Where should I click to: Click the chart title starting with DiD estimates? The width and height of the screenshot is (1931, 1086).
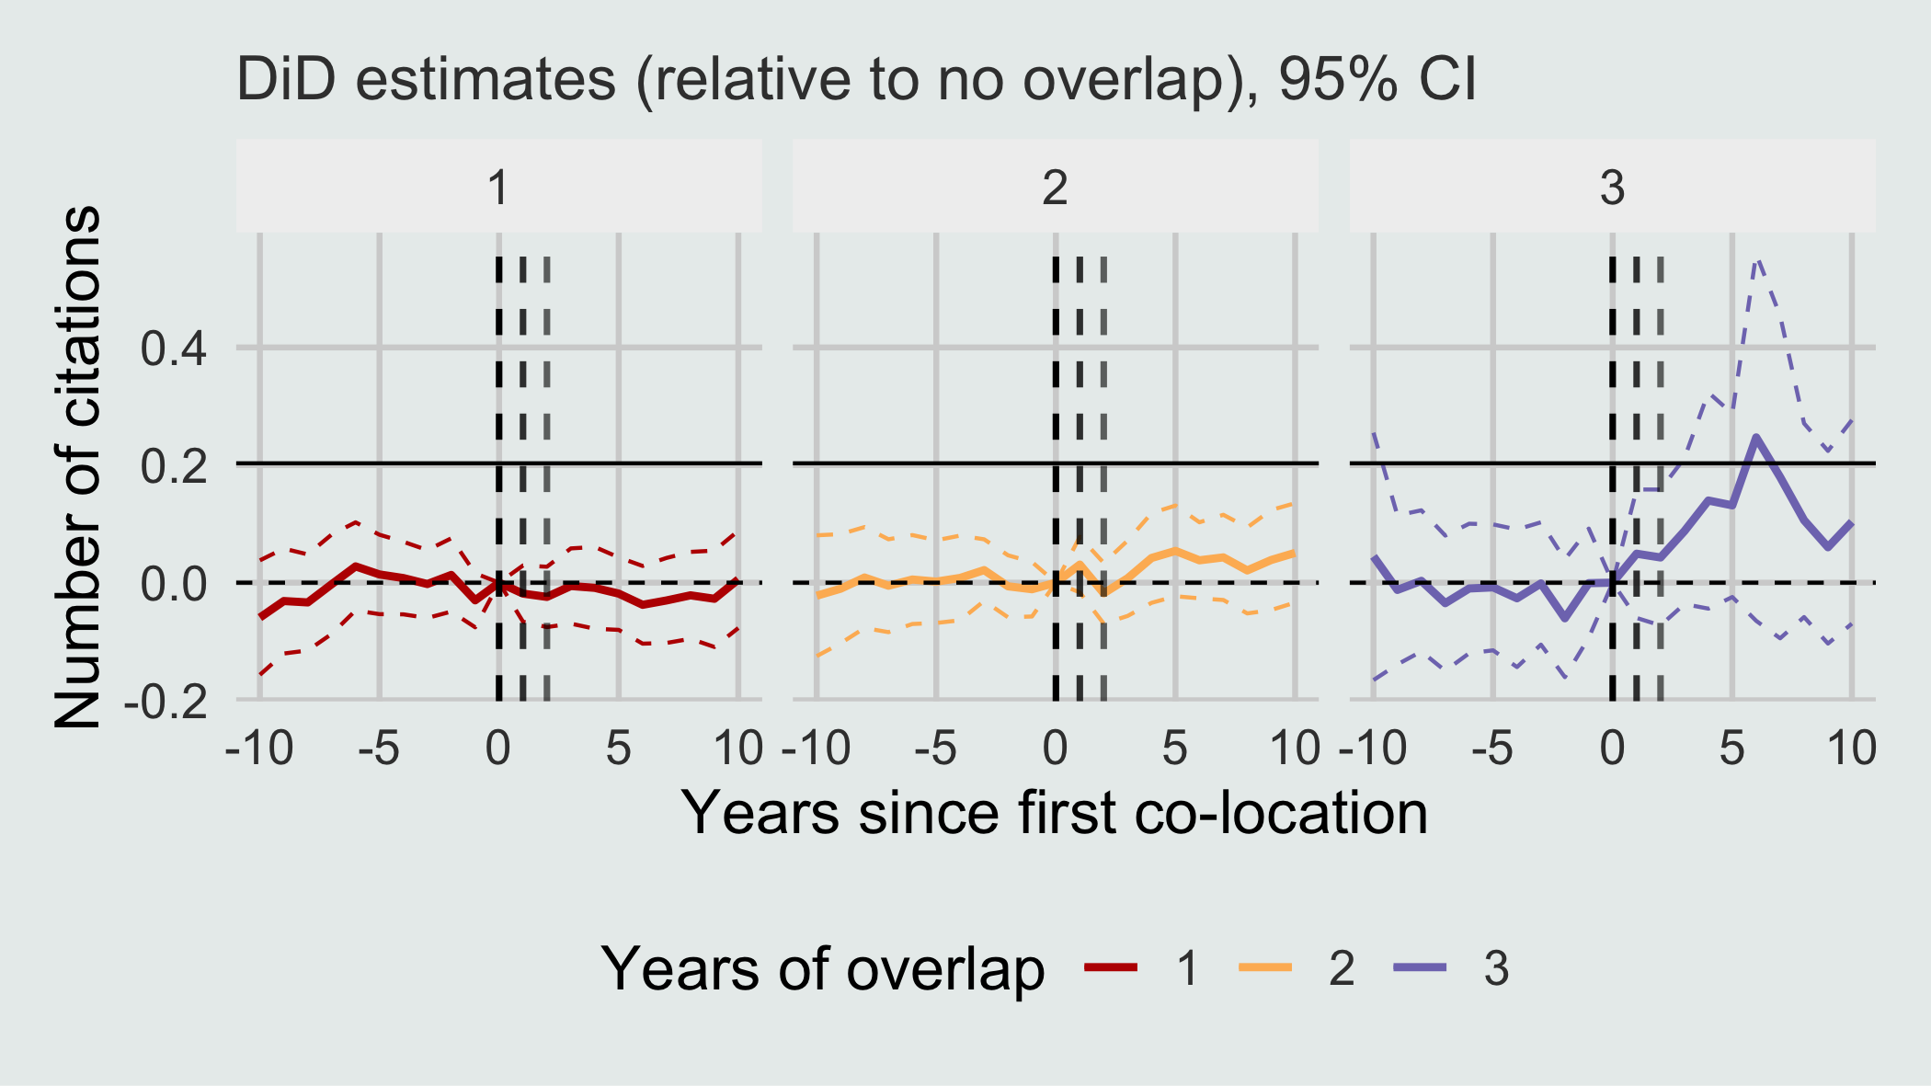coord(856,80)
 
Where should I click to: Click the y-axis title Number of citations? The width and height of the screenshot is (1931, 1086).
coord(77,466)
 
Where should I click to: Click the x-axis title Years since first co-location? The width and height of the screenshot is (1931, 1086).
coord(1054,813)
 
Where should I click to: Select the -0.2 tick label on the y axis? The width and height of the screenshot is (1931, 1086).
coord(166,702)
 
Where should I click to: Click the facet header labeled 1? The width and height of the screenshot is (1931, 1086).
coord(498,188)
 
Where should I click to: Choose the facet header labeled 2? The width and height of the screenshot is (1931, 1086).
coord(1056,188)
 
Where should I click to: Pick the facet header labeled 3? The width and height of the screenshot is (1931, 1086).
coord(1613,188)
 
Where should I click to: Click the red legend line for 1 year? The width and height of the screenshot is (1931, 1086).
coord(1111,966)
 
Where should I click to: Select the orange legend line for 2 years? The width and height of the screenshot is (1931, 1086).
coord(1265,966)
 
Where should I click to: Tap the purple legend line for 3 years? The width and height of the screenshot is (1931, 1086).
coord(1420,966)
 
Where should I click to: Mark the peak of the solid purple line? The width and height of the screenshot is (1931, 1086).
coord(1756,437)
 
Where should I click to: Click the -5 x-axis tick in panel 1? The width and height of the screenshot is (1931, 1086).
coord(379,749)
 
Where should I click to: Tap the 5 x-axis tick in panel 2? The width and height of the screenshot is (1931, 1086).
coord(1174,749)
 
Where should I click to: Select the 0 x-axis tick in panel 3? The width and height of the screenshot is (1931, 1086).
coord(1612,749)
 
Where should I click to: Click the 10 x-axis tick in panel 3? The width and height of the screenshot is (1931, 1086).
coord(1851,749)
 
